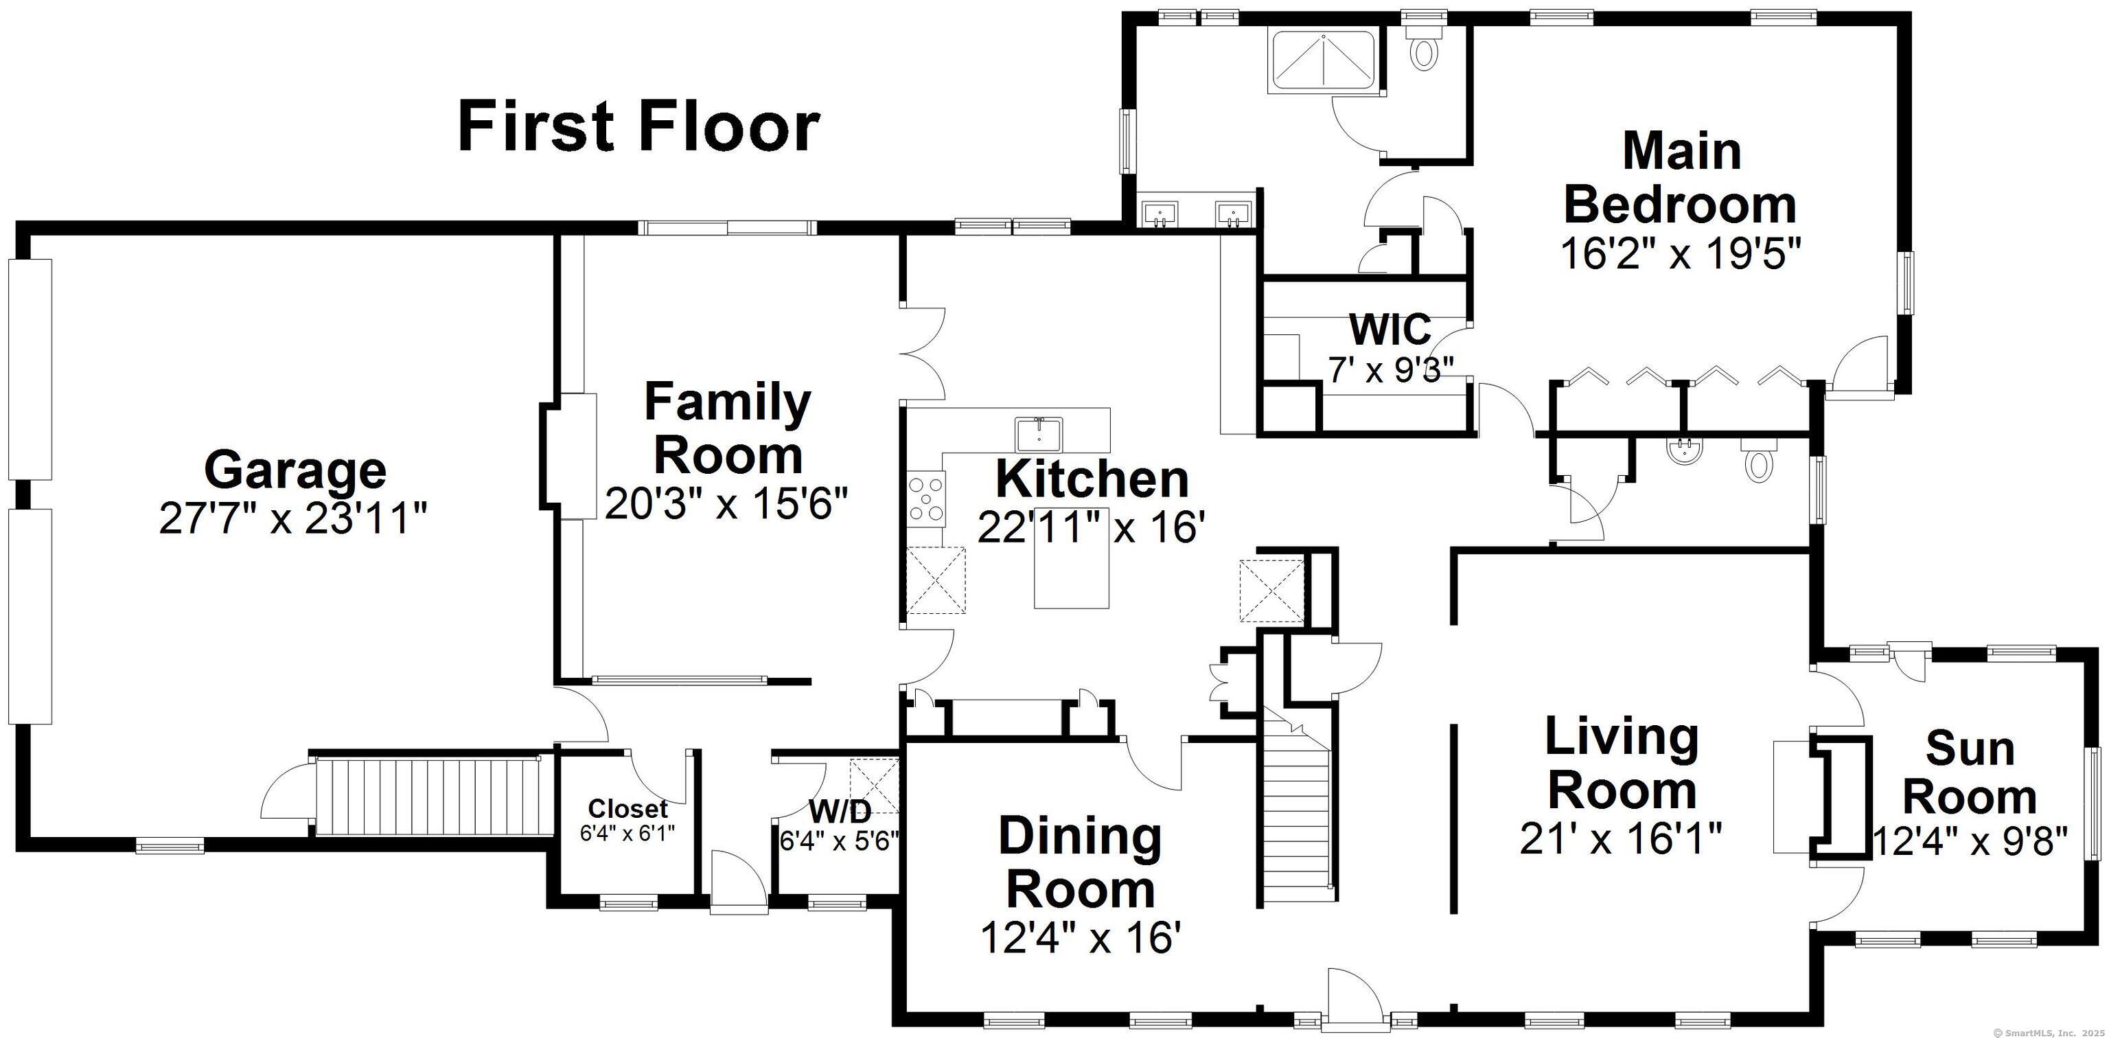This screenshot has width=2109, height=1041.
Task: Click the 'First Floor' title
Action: tap(638, 127)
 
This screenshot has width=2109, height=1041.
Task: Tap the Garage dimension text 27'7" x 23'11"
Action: tap(293, 518)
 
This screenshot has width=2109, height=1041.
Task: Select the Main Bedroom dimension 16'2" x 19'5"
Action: tap(1681, 253)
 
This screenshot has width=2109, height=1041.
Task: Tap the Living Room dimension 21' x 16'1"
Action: tap(1621, 838)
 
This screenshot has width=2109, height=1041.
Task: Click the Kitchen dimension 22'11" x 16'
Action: tap(1092, 527)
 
